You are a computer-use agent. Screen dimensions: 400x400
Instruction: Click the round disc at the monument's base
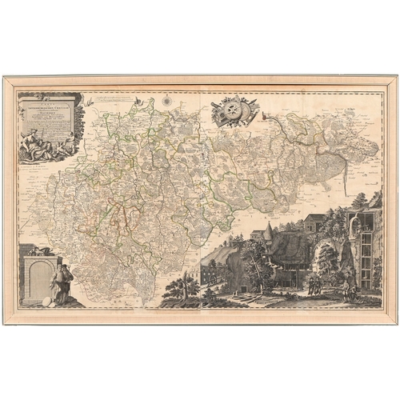click(47, 300)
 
